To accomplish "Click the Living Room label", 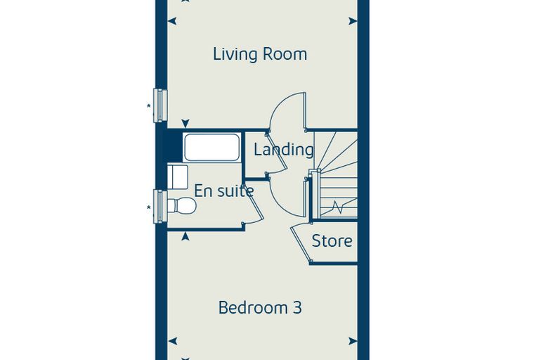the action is [x=260, y=54].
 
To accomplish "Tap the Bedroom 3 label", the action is [x=260, y=307].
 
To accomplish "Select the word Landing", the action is [x=283, y=150].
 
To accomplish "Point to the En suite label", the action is [x=223, y=191].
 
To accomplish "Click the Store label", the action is [x=332, y=241].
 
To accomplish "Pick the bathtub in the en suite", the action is [x=211, y=147].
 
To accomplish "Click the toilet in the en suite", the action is [x=182, y=205].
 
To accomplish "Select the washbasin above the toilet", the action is [x=178, y=177].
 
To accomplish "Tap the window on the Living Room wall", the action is [x=160, y=105].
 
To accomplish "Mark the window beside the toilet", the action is [x=160, y=206].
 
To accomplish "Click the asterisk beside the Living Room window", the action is [x=148, y=106].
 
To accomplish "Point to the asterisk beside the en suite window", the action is [x=148, y=207].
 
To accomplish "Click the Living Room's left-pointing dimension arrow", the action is [x=172, y=21].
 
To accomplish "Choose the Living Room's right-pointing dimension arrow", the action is [x=353, y=21].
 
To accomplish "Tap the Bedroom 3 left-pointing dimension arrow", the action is [x=172, y=341].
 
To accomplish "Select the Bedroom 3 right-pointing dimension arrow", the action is [x=353, y=341].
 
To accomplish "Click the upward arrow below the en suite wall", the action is [x=185, y=236].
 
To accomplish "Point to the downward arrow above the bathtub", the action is [x=185, y=124].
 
